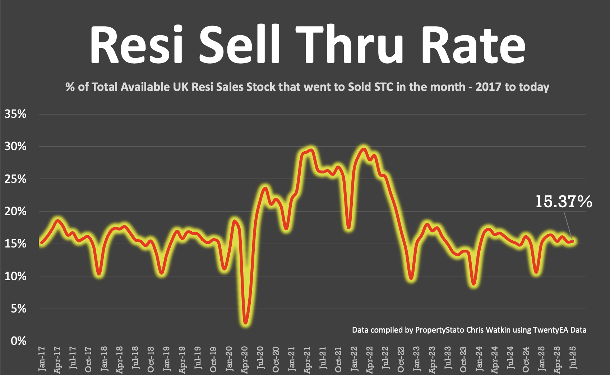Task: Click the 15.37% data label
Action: (563, 202)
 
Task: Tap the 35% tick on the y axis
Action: (15, 114)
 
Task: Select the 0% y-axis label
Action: (18, 341)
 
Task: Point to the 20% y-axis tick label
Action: (15, 211)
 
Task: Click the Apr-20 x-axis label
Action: (245, 360)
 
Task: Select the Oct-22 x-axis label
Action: (401, 359)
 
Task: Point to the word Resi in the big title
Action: (137, 45)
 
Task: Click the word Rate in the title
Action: (473, 45)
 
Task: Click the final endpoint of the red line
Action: (573, 241)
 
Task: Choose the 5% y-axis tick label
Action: (18, 308)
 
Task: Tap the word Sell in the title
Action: (240, 45)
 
